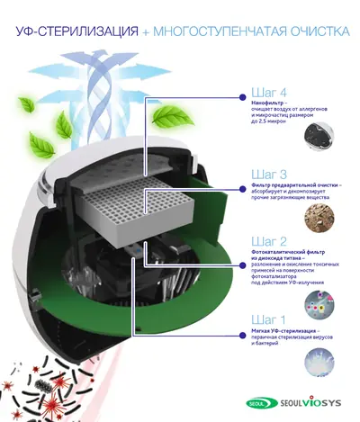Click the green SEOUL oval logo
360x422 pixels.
[258, 405]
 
